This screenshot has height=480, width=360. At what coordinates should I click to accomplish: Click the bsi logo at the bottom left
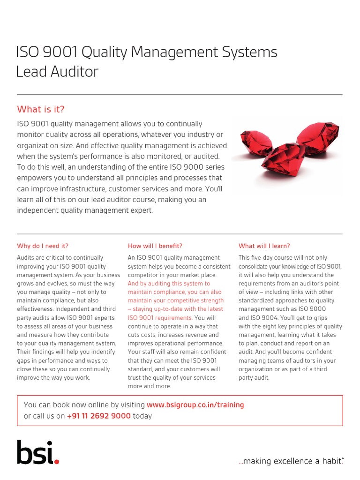point(38,452)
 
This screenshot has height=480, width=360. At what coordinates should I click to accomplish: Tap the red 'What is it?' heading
point(41,109)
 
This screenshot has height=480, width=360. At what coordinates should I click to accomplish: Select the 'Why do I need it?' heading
point(43,246)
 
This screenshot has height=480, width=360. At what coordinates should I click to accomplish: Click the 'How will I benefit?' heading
point(155,246)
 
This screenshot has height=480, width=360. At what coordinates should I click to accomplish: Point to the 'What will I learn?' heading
point(264,246)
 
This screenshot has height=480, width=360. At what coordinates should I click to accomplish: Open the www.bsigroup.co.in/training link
point(195,405)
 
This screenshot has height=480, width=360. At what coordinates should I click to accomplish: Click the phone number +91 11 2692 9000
point(98,416)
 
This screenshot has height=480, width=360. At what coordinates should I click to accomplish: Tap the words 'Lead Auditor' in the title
point(57,72)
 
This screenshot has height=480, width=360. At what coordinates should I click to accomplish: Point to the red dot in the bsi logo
point(57,462)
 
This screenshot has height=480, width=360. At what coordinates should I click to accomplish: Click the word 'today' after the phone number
point(142,416)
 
